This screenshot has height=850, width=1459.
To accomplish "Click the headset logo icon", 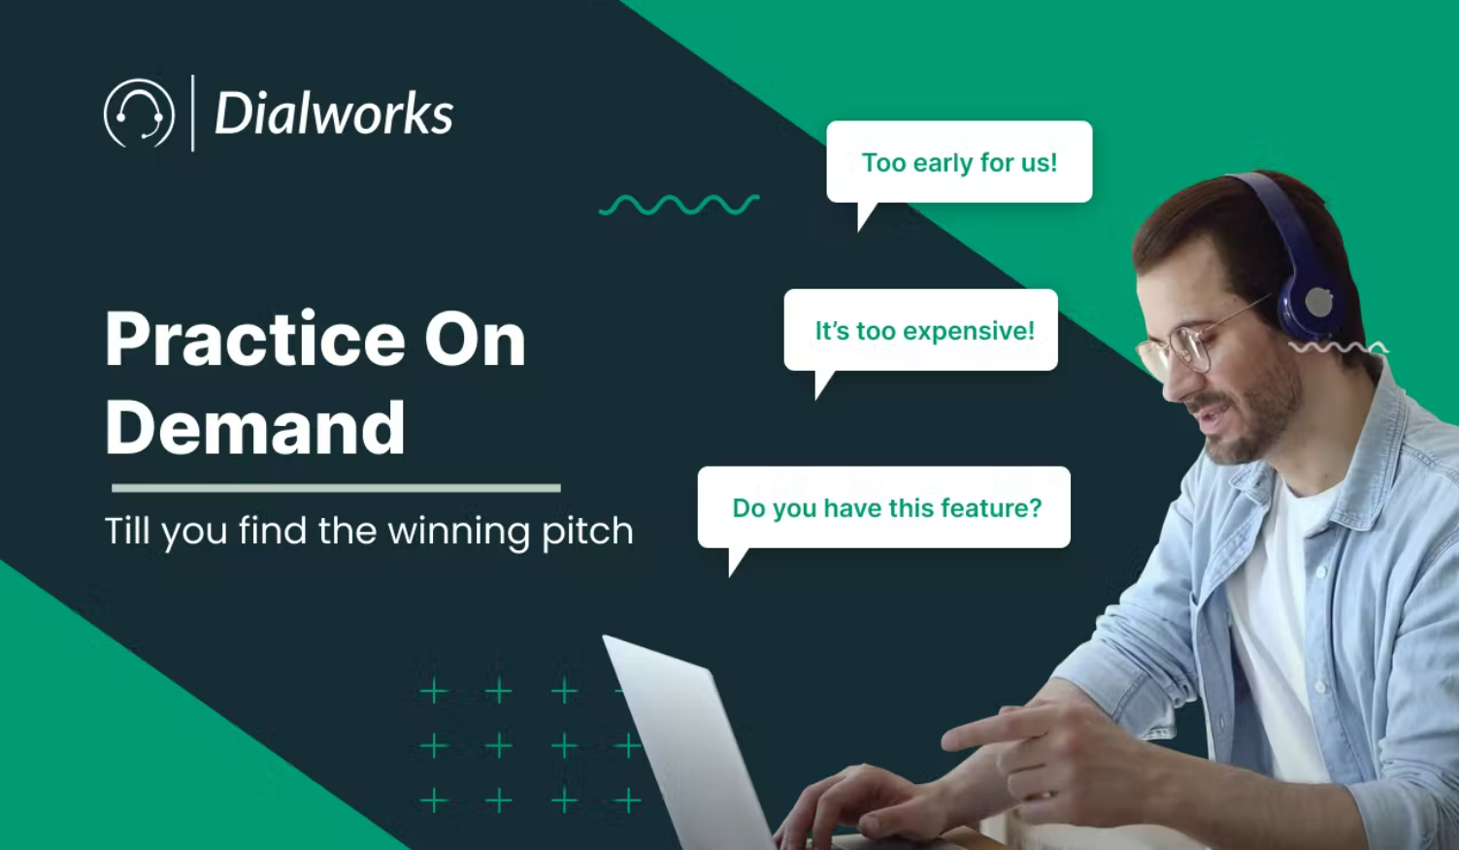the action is click(139, 114).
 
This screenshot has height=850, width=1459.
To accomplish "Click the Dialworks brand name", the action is click(334, 114).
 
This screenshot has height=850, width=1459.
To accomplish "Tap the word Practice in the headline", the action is click(254, 339).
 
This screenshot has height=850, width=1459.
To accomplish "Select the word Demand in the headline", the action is click(254, 428).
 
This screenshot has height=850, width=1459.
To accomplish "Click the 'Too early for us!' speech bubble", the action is click(959, 163).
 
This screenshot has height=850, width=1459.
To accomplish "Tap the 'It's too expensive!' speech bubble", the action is click(920, 331).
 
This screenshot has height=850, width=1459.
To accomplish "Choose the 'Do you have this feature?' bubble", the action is click(884, 507).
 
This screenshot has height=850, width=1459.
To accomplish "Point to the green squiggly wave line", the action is click(679, 205).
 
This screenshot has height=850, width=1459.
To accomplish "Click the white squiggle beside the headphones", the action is click(1339, 348).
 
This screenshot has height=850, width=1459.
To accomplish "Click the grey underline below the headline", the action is click(336, 488).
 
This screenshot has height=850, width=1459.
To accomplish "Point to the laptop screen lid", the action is click(684, 742).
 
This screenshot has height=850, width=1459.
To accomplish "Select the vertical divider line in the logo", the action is click(193, 114).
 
